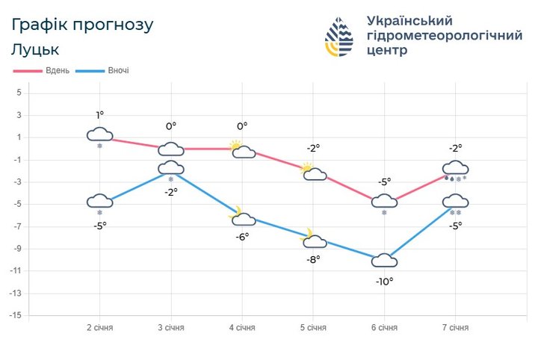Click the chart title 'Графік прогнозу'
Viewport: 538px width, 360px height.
point(82,25)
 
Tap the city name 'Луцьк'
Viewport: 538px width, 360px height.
point(35,50)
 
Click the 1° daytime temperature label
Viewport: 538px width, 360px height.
point(99,115)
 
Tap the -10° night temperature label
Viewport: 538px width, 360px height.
point(384,282)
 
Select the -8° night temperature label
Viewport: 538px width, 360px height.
point(313,259)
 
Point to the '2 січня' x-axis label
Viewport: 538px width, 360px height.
point(99,329)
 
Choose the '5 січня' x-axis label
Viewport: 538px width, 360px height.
point(313,329)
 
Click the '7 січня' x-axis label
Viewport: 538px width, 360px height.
point(455,329)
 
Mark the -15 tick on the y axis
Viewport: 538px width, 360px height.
point(17,316)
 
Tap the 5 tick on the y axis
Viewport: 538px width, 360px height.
point(19,93)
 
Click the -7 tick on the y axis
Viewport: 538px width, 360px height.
point(19,227)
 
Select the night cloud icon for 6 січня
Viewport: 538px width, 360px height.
point(384,261)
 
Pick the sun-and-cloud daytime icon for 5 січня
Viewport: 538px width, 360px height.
point(313,173)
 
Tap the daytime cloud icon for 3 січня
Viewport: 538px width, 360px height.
point(171,149)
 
